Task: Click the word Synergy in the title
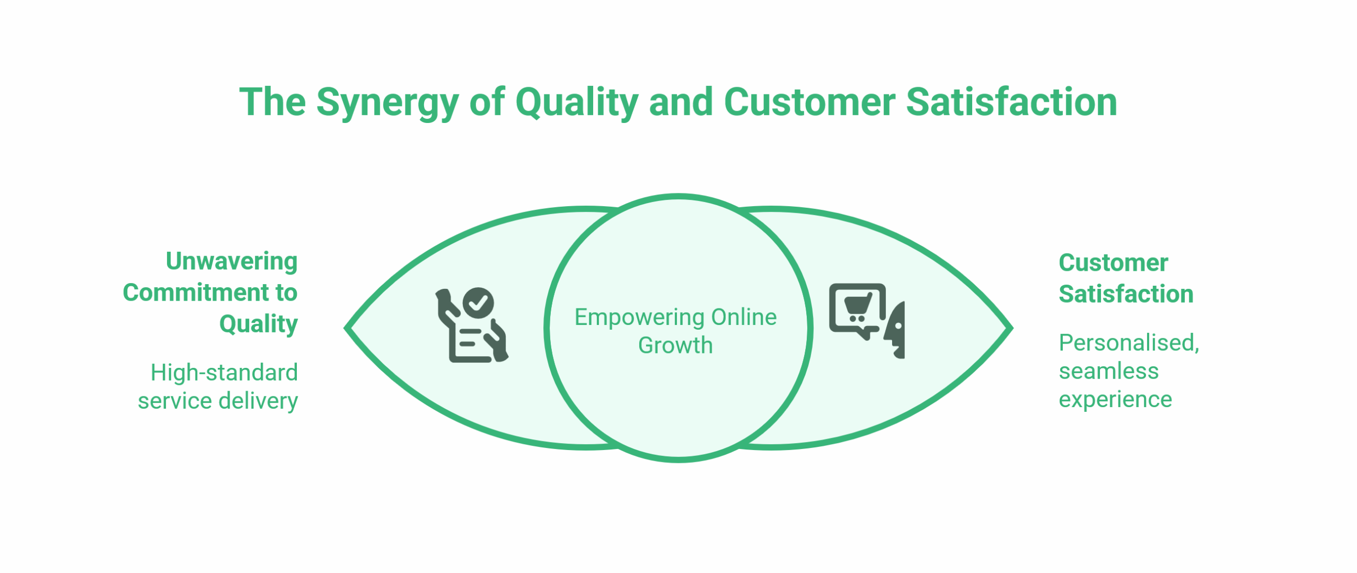coord(387,102)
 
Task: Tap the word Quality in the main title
coord(576,102)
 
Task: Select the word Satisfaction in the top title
coord(1011,102)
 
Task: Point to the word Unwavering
coord(232,261)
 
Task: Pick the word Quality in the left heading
coord(258,324)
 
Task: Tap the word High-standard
coord(224,373)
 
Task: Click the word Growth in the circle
coord(675,346)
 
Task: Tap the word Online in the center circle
coord(744,317)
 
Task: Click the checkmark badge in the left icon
coord(478,303)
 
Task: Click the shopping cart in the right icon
coord(858,307)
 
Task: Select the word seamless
coord(1108,371)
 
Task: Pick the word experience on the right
coord(1115,400)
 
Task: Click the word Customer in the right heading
coord(1113,263)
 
